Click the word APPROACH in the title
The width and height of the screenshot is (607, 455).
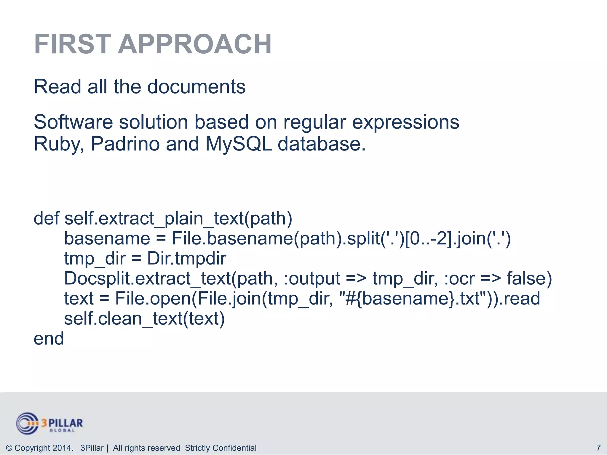pyautogui.click(x=195, y=44)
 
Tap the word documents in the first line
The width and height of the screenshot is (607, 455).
pyautogui.click(x=196, y=87)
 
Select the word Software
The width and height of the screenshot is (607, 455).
pyautogui.click(x=73, y=122)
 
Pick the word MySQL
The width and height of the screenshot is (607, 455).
pyautogui.click(x=239, y=145)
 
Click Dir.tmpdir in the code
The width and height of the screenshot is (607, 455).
pyautogui.click(x=187, y=259)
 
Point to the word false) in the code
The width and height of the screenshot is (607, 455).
pyautogui.click(x=529, y=279)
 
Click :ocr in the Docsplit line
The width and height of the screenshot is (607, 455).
pyautogui.click(x=459, y=279)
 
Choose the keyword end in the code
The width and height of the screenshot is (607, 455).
pyautogui.click(x=49, y=339)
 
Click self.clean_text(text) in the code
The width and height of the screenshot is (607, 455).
pyautogui.click(x=144, y=319)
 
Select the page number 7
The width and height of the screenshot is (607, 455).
pyautogui.click(x=598, y=448)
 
